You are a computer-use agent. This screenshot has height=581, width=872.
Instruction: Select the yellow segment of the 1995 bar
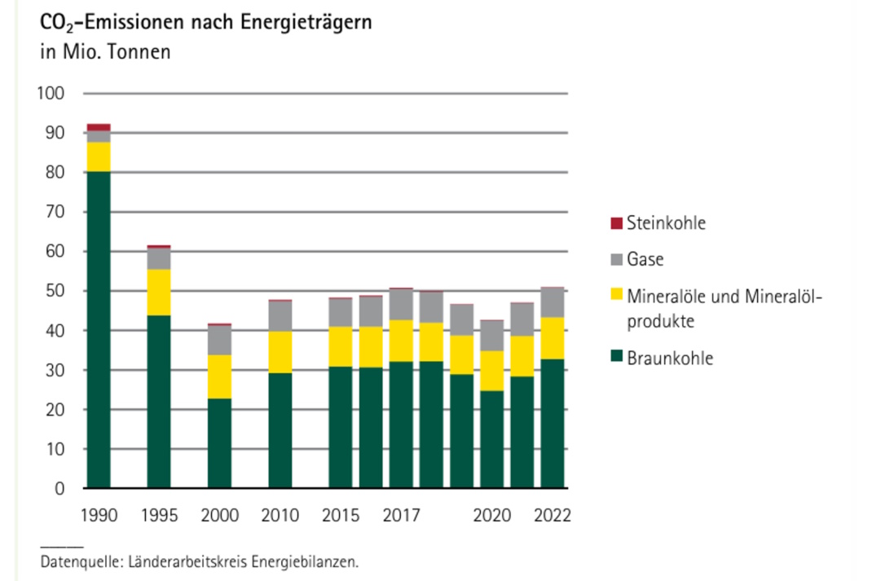pos(159,292)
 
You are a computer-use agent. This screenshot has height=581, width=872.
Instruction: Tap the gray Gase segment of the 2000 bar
pos(219,340)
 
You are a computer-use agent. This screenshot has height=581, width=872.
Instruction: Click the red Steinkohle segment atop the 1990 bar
pos(99,127)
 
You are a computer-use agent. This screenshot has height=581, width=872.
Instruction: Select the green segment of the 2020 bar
pos(492,439)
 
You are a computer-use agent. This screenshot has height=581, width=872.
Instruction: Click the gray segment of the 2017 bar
pos(401,304)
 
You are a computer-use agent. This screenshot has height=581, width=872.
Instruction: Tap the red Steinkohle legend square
pos(616,222)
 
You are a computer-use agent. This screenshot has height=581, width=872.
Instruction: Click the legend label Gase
pos(645,260)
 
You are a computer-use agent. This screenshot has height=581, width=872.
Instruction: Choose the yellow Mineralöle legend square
pos(616,293)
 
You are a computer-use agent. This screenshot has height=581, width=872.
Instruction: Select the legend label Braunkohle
pos(669,359)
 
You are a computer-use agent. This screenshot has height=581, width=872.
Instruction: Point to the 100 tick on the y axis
pos(51,94)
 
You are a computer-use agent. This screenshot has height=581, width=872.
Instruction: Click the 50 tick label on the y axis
pos(54,292)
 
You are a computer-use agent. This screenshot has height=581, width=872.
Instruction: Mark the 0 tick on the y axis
pos(59,489)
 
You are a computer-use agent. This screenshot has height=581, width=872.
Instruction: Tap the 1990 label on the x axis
pos(99,516)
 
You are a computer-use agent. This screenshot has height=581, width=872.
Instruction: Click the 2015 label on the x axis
pos(341,516)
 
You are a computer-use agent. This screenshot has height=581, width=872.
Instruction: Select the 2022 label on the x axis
pos(553,516)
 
